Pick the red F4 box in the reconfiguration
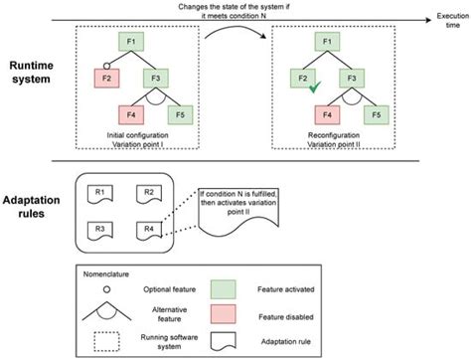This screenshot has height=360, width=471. [319, 113]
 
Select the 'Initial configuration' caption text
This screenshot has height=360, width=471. [136, 132]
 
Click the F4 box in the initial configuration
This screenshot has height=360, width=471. [130, 113]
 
